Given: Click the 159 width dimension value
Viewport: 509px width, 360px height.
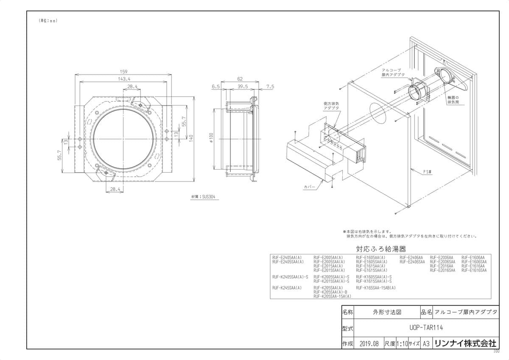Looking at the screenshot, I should point(124,72).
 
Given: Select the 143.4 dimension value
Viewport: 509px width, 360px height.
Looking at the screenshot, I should point(124,79).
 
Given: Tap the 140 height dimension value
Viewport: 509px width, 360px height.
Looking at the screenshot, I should point(191,138).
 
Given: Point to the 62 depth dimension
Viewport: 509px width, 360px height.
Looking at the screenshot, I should point(240,79).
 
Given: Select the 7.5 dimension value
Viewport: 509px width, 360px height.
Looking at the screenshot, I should point(270,87).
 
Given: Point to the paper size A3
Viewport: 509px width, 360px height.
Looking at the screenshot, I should point(426,343).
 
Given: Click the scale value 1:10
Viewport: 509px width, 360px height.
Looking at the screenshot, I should point(402,343).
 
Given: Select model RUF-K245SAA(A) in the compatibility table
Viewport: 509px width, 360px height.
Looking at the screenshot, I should point(287,288).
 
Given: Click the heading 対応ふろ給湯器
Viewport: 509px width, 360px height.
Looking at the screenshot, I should point(378,249).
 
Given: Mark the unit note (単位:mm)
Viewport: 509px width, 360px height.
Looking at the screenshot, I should point(48,21).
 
